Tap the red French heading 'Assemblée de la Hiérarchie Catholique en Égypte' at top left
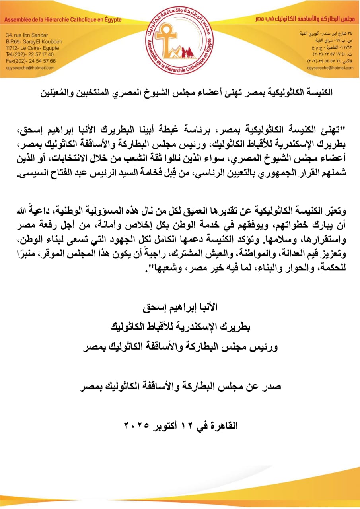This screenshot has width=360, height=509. tap(64, 20)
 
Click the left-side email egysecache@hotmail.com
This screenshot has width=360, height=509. tap(30, 68)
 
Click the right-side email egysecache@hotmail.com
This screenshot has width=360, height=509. tap(330, 68)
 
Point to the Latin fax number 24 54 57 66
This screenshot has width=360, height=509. tap(39, 61)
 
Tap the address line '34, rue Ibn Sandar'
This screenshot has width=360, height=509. tap(27, 35)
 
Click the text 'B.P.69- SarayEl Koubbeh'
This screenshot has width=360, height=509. tap(33, 41)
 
